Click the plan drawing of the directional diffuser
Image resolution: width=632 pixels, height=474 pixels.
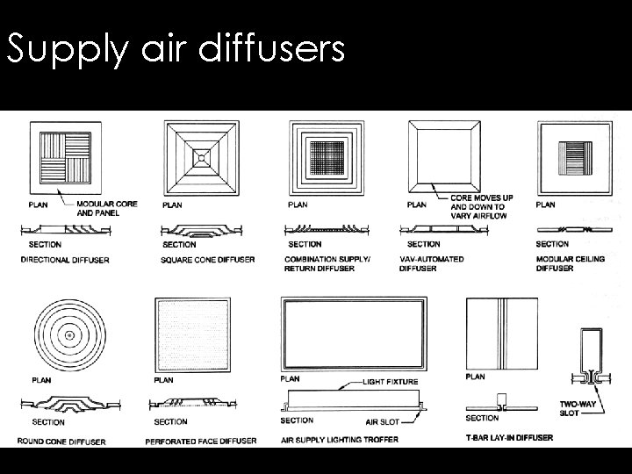(x=61, y=156)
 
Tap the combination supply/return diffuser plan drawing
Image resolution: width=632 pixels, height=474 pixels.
(x=326, y=158)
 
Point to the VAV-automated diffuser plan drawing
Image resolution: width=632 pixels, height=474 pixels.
(x=445, y=156)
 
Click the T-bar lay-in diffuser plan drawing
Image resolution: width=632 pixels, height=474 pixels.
(x=502, y=334)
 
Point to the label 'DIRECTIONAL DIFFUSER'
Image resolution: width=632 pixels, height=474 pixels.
(x=65, y=260)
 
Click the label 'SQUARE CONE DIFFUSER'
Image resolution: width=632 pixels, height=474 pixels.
(x=209, y=260)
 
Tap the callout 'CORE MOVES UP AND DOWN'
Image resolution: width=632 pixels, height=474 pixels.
(x=481, y=207)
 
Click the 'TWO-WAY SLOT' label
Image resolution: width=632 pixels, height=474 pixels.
(x=575, y=407)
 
